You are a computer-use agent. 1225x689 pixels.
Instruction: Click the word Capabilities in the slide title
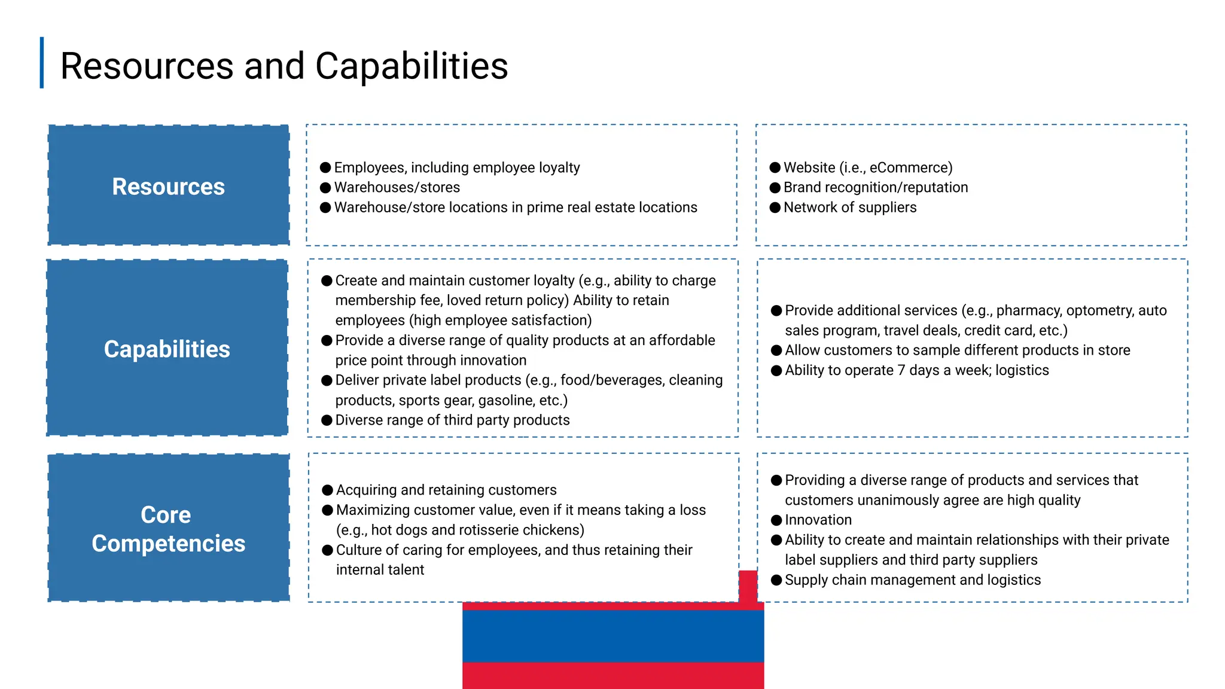pos(412,66)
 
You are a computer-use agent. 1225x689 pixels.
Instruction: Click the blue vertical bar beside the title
pos(42,63)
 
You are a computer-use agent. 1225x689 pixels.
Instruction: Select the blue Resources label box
pos(169,185)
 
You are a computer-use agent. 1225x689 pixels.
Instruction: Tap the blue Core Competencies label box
pos(169,528)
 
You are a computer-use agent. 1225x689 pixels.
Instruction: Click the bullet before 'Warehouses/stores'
pos(325,188)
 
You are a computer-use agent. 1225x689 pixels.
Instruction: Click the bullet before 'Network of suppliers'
pos(775,208)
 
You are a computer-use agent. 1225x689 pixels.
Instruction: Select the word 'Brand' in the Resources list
pos(802,188)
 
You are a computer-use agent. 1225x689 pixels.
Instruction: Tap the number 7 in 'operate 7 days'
pos(901,371)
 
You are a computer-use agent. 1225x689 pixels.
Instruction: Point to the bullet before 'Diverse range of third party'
pos(327,420)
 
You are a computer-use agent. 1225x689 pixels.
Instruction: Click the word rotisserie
pos(490,531)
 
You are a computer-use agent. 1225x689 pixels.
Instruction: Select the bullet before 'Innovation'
pos(776,520)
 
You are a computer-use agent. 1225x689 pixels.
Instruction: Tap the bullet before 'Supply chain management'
pos(776,580)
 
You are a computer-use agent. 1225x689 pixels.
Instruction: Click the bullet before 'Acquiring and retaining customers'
pos(327,490)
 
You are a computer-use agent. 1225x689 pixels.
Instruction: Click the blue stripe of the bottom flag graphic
pos(612,636)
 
